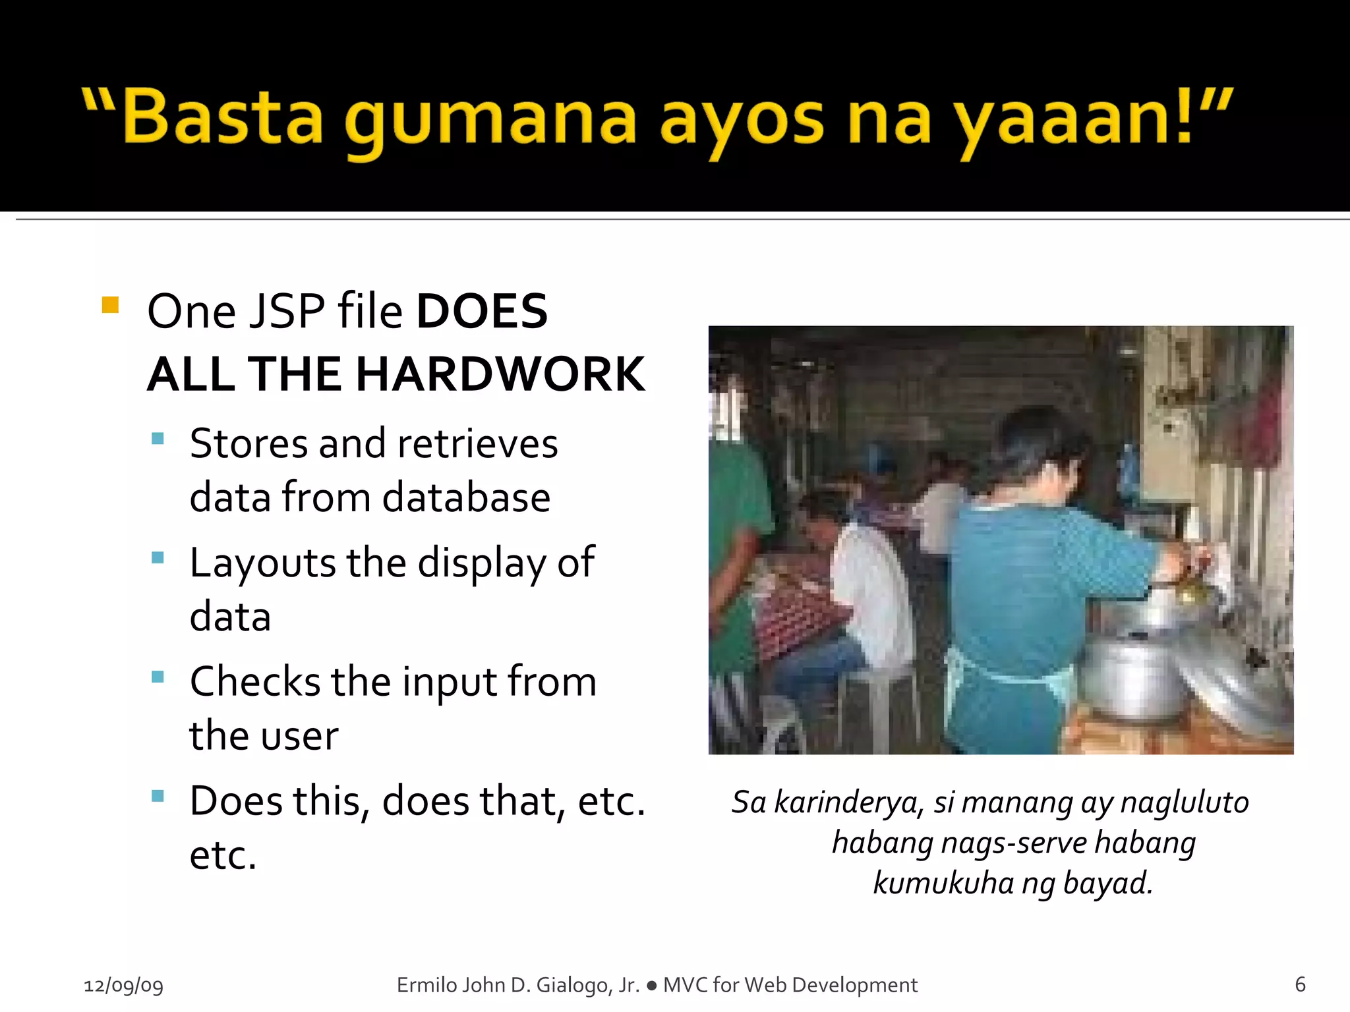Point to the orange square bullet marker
pyautogui.click(x=110, y=305)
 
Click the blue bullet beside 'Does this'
pyautogui.click(x=158, y=796)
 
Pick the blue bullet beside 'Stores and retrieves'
pyautogui.click(x=158, y=439)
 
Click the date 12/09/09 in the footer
pyautogui.click(x=123, y=985)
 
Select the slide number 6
pyautogui.click(x=1300, y=984)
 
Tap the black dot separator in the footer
pyautogui.click(x=651, y=986)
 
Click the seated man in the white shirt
pyautogui.click(x=857, y=593)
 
